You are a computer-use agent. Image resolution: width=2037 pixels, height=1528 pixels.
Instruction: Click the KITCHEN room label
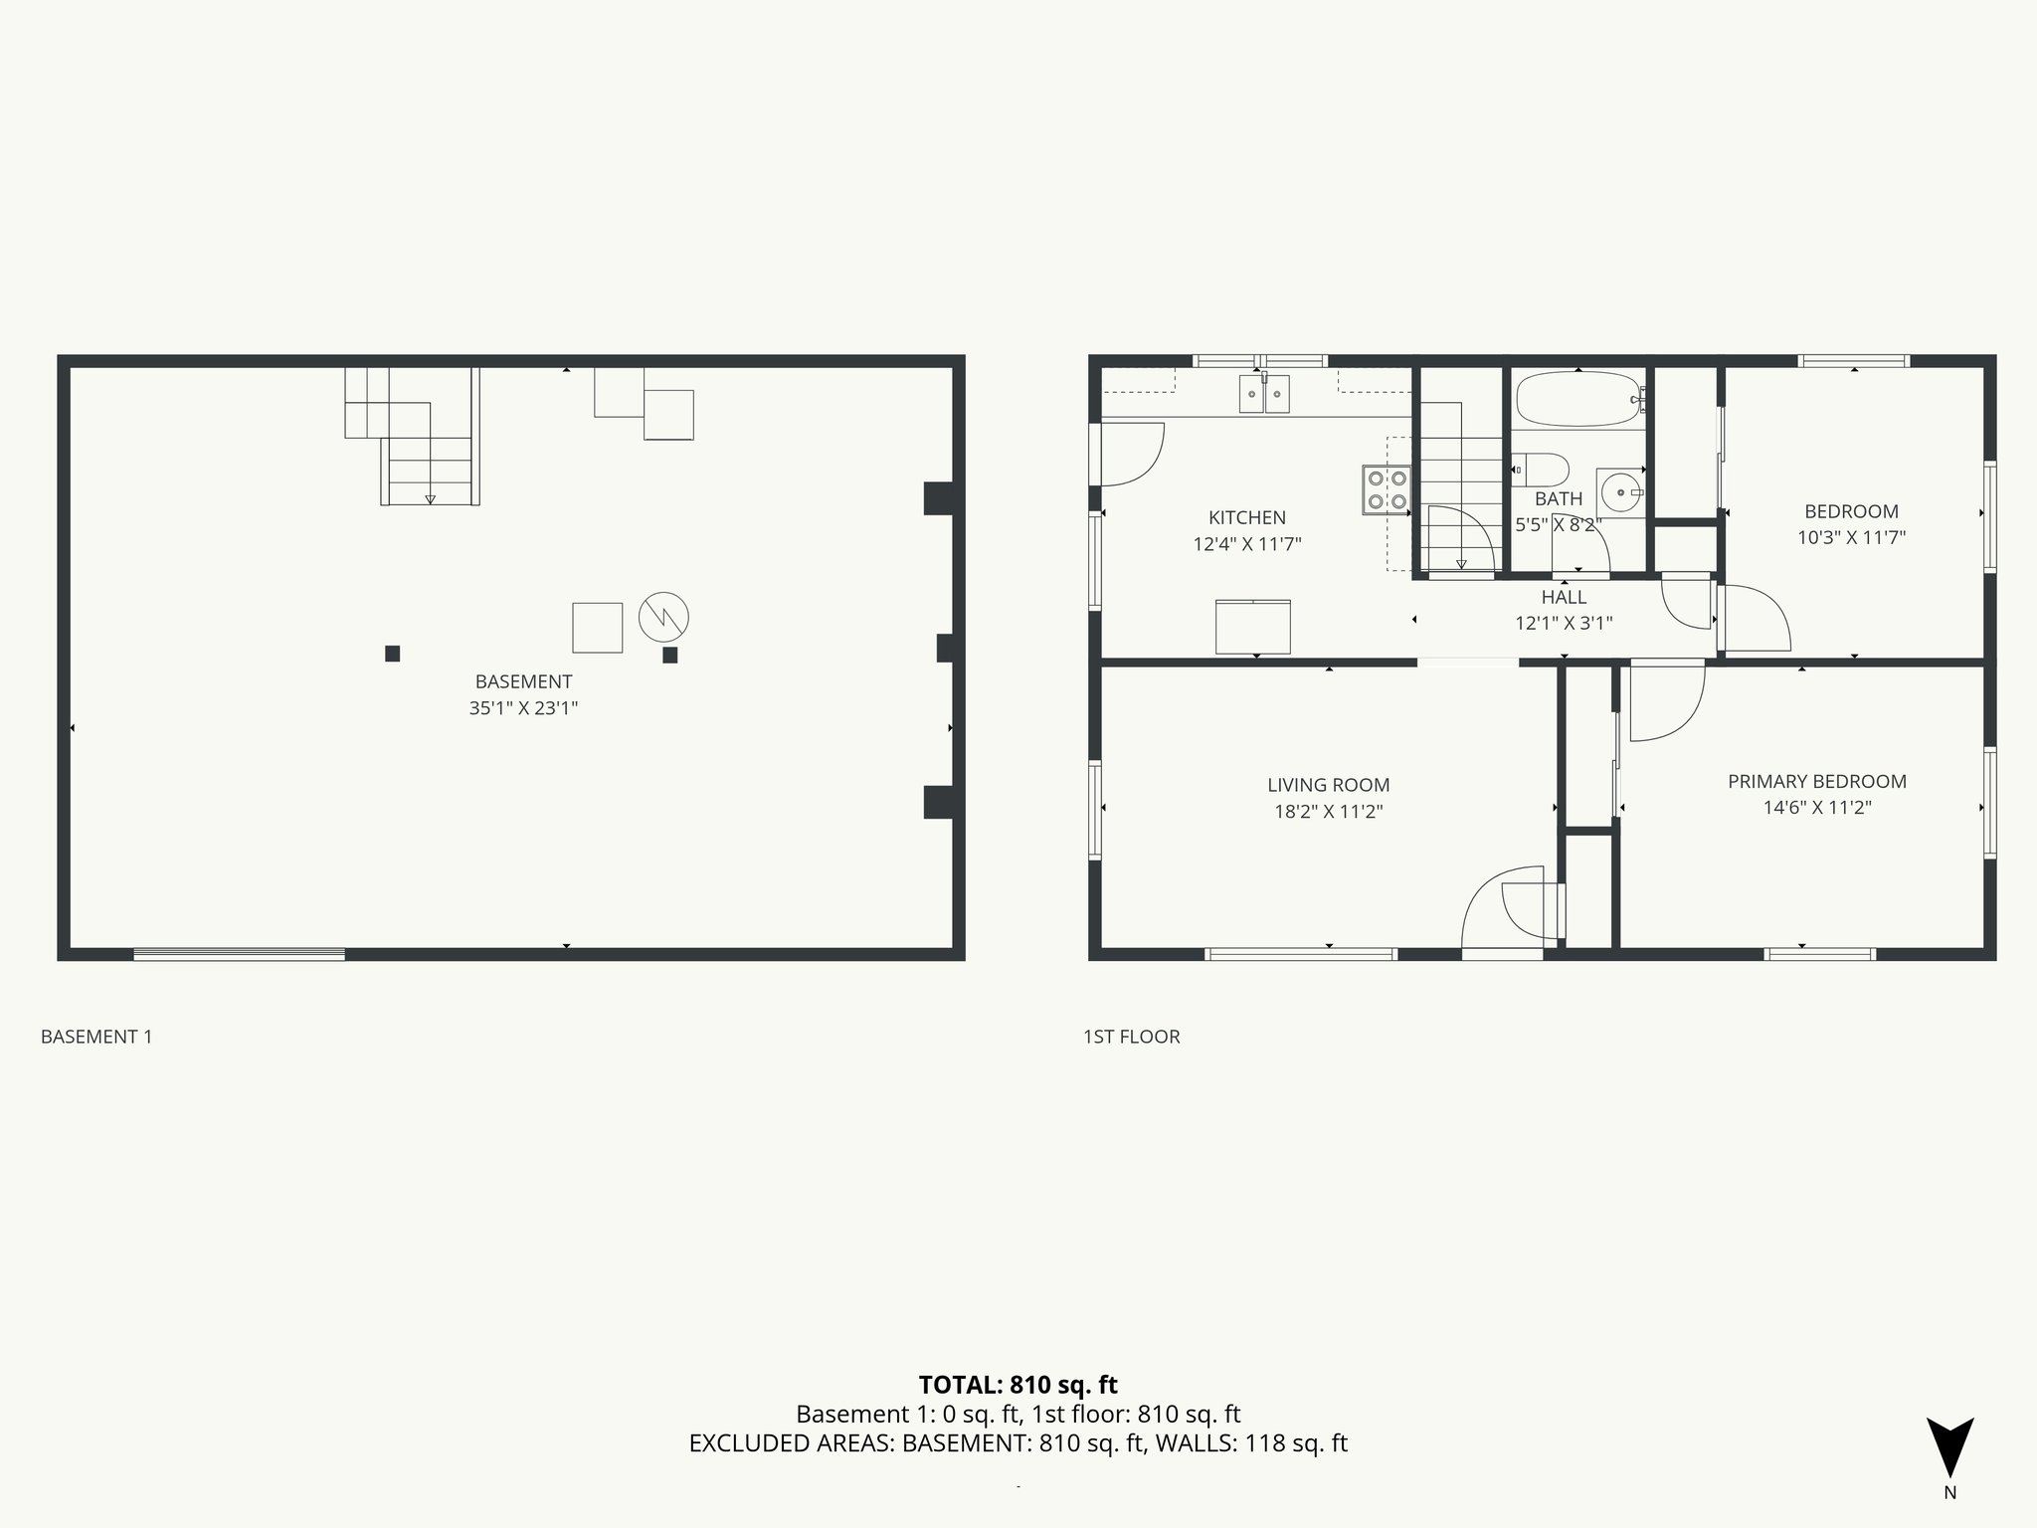1246,517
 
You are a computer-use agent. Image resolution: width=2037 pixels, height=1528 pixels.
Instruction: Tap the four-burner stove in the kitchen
1387,489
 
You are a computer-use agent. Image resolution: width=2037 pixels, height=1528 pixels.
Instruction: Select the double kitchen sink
1264,394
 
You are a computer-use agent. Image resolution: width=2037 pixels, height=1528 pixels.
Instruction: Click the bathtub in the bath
1577,400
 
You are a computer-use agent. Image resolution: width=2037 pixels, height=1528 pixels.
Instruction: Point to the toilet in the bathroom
1541,468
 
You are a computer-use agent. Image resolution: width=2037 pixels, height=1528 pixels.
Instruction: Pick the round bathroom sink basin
1621,491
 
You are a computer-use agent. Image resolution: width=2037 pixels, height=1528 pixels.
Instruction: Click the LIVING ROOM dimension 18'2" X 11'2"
1328,812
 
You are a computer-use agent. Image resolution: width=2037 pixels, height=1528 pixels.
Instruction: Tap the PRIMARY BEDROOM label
1816,782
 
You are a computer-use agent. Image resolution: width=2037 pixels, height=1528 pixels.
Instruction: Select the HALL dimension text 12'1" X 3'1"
1564,624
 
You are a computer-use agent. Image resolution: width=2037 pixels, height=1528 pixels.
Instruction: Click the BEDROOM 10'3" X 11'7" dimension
1851,538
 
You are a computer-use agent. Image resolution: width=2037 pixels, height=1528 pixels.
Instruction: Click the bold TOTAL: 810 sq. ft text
1018,1385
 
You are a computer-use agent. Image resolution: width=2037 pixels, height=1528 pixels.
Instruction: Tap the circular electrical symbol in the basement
663,617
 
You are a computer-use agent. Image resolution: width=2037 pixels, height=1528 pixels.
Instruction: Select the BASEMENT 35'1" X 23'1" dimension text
523,708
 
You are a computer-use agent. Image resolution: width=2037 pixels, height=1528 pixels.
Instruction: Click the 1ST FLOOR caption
1131,1037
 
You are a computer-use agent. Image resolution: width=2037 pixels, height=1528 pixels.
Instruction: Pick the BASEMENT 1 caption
96,1037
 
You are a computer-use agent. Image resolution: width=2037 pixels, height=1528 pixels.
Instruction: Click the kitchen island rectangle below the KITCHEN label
1253,627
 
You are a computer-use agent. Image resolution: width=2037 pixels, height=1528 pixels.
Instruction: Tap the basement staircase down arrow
430,497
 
